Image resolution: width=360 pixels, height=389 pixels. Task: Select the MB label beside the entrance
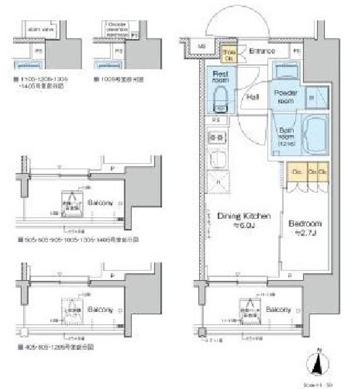[x=201, y=46]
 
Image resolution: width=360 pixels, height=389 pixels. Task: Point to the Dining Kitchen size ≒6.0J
[x=238, y=226]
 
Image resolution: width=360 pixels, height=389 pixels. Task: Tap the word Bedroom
[x=304, y=223]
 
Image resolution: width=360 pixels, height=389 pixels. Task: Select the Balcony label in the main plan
[x=278, y=310]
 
